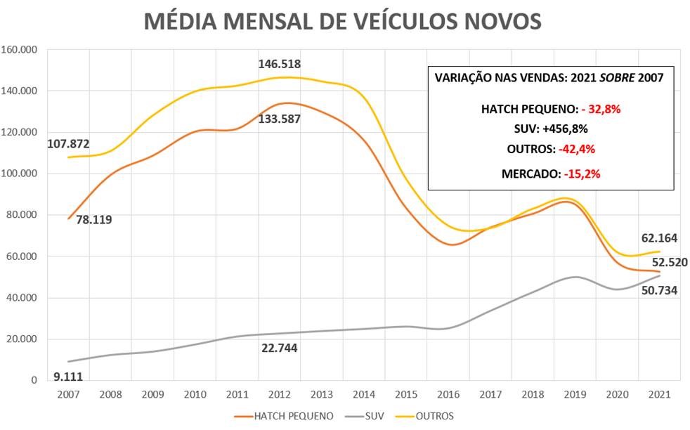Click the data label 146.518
[x=280, y=64]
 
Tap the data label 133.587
[x=280, y=119]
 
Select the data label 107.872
[x=68, y=143]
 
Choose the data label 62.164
[x=660, y=237]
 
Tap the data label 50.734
[x=660, y=289]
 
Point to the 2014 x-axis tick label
[x=362, y=395]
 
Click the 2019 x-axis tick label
[x=575, y=395]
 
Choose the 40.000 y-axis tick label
[x=21, y=298]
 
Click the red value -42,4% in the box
[x=580, y=149]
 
